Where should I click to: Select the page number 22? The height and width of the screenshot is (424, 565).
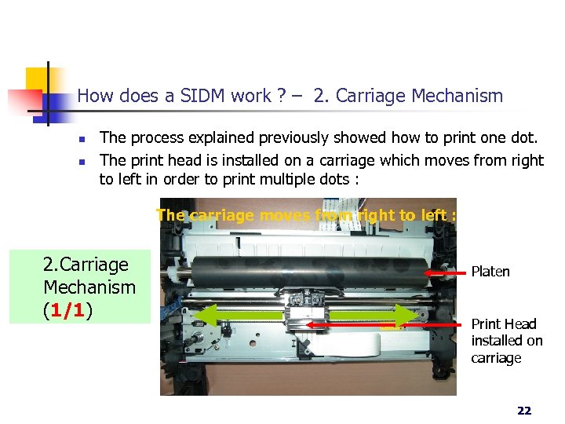pyautogui.click(x=523, y=410)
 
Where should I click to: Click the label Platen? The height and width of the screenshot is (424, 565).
pyautogui.click(x=490, y=272)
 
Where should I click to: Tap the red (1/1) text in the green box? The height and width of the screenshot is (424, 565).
pyautogui.click(x=67, y=309)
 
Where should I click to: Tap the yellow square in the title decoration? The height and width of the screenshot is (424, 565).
pyautogui.click(x=36, y=79)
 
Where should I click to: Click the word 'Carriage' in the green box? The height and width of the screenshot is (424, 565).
pyautogui.click(x=86, y=264)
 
